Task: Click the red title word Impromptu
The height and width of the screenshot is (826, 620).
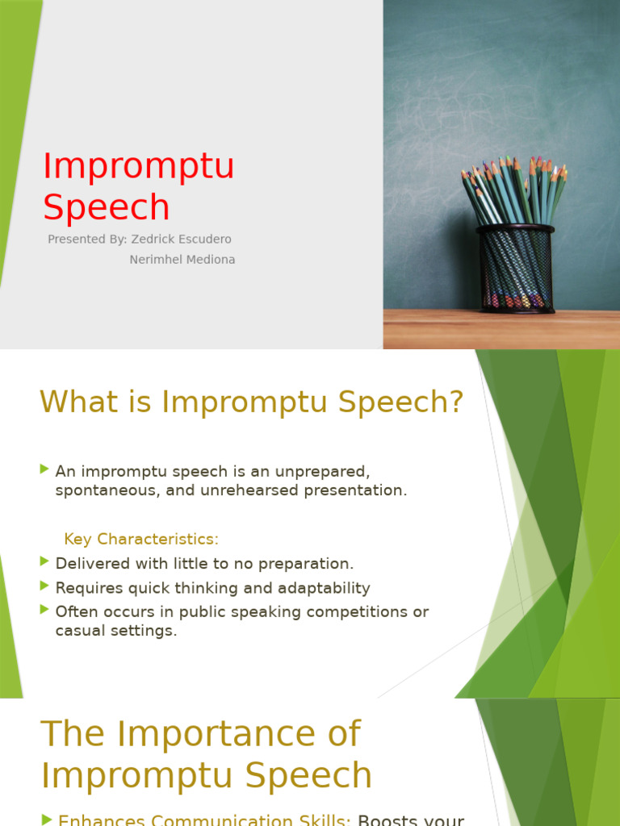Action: coord(138,167)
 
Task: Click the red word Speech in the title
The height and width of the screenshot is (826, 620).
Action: coord(106,207)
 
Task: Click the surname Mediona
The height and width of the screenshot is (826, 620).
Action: coord(211,260)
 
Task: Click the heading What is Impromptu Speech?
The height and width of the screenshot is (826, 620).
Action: coord(252,402)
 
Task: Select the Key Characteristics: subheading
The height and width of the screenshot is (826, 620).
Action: coord(141,539)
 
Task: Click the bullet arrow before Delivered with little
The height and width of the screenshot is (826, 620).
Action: coord(44,561)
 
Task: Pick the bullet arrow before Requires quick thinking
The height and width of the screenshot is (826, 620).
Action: coord(44,586)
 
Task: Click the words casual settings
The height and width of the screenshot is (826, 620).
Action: coord(115,631)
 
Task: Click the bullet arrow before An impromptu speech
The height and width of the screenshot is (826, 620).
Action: coord(44,469)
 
